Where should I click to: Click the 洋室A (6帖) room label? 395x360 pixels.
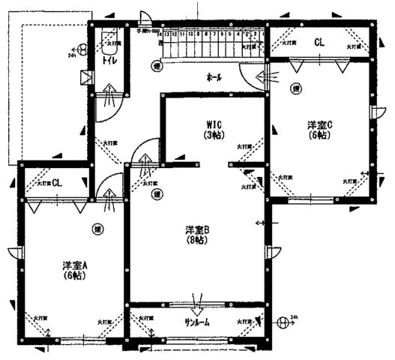73,270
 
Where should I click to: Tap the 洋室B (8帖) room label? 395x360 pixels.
196,233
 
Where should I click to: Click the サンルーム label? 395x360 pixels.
197,322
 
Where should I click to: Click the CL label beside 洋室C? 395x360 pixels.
319,42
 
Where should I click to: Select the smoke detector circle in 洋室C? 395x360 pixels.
297,88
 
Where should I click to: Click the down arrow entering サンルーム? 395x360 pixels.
197,307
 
